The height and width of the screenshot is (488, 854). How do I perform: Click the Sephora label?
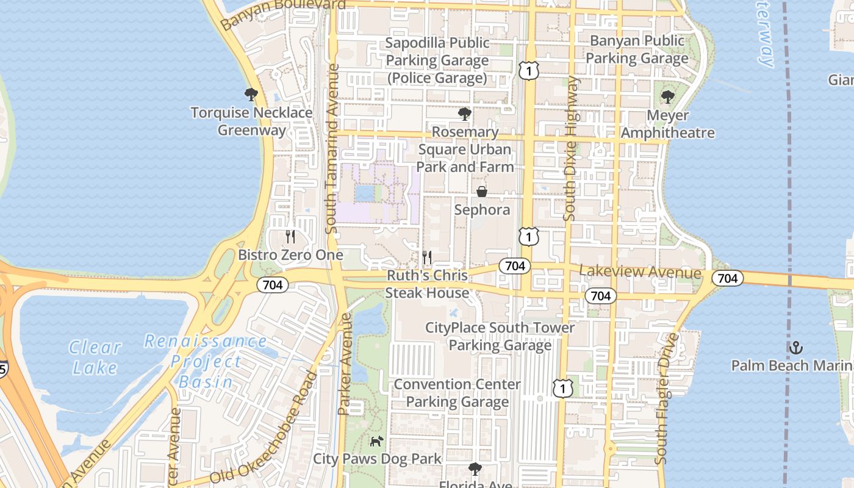pos(482,210)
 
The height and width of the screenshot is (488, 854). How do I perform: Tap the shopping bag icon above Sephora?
pos(482,192)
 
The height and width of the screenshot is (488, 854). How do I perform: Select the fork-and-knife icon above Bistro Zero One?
pos(290,237)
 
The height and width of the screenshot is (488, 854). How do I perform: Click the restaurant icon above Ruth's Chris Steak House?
pos(427,257)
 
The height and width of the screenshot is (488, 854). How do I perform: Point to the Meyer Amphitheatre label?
pos(667,124)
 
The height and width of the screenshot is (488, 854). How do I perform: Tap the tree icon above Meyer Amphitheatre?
pos(668,96)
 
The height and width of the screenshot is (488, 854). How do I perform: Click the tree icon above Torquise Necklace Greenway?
pos(251,95)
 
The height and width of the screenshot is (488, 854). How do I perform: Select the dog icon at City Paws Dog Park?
pos(377,440)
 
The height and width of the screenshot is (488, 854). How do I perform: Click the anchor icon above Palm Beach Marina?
pos(795,348)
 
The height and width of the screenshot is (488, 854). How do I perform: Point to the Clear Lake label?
pos(95,357)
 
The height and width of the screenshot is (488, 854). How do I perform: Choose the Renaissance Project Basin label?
pos(206,362)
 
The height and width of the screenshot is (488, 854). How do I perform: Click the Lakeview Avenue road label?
pos(640,272)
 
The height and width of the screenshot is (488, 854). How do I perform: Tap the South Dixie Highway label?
pos(571,148)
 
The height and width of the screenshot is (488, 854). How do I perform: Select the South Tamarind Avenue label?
pos(332,149)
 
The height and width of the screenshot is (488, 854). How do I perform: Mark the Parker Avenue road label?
pos(345,364)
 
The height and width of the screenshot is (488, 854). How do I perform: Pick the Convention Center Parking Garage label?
pos(457,393)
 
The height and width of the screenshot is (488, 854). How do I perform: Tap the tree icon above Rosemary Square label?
pos(465,113)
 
